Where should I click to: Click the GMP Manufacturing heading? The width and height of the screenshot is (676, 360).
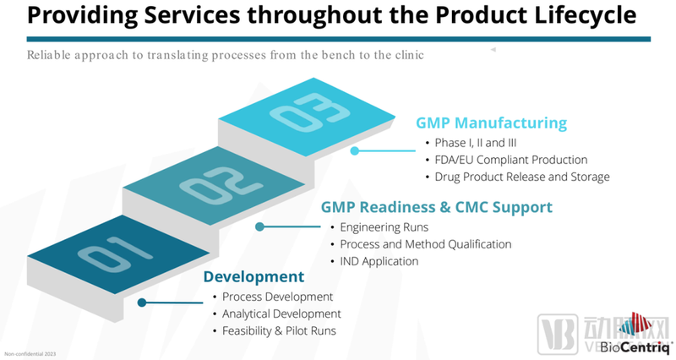click(491, 123)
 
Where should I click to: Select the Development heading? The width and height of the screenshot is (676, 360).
click(253, 276)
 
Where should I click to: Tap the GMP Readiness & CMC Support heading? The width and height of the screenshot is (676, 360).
click(436, 207)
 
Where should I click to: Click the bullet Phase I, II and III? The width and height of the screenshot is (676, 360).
click(474, 142)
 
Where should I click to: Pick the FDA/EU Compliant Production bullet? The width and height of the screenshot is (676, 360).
click(510, 160)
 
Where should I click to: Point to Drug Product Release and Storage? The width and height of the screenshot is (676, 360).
click(521, 177)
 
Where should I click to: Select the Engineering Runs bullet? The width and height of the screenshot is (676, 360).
click(384, 227)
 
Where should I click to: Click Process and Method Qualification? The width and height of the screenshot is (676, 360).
click(425, 244)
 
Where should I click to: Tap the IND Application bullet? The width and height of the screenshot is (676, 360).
click(379, 261)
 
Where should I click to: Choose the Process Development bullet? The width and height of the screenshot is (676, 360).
click(277, 297)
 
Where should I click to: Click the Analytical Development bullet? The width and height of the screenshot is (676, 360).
click(281, 314)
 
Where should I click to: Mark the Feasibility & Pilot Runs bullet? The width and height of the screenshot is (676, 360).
click(279, 330)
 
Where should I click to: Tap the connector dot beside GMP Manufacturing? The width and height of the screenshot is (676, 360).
click(356, 151)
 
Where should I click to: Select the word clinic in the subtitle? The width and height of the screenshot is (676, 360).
click(406, 55)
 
